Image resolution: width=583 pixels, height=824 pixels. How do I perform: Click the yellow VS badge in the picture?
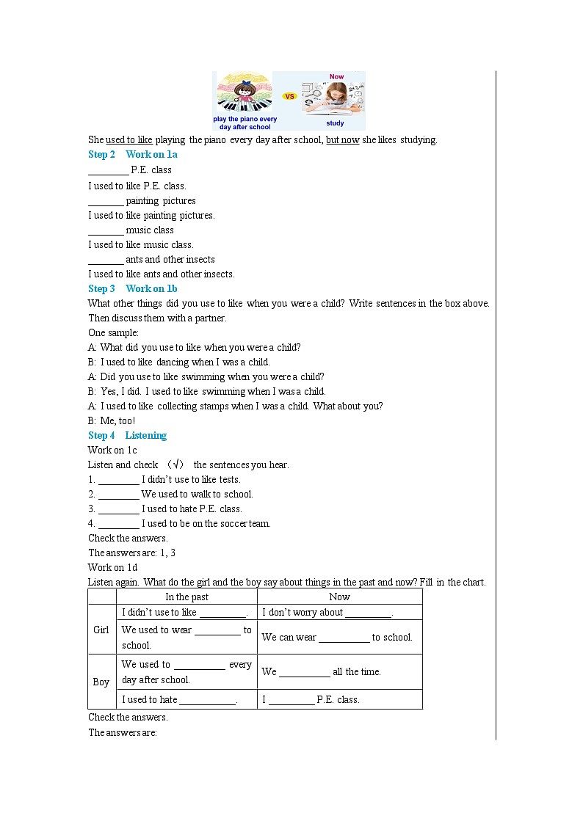tap(289, 96)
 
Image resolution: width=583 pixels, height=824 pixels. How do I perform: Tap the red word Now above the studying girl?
tap(336, 77)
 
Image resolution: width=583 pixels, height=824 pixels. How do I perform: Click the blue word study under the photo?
tap(335, 123)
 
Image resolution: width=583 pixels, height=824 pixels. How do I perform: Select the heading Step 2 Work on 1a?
tap(132, 154)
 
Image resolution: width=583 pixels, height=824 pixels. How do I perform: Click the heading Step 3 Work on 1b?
tap(132, 288)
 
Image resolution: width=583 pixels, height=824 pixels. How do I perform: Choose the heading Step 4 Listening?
tap(127, 435)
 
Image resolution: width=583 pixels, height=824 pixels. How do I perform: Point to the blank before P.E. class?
tap(108, 170)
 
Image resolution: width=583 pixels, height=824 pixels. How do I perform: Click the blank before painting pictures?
tap(106, 201)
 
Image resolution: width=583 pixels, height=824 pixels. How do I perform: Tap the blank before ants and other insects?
tap(106, 260)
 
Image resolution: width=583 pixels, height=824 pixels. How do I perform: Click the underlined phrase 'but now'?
tap(342, 139)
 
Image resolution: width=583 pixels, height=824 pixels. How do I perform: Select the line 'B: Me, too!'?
tap(112, 421)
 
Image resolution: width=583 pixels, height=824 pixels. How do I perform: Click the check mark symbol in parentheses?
tap(176, 464)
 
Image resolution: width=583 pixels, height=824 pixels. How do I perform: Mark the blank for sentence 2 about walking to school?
tap(118, 495)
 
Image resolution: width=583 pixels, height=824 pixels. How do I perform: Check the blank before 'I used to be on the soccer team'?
tap(118, 524)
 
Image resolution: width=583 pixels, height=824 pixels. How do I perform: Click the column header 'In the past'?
tap(187, 597)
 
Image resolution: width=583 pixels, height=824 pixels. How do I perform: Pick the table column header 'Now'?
tap(339, 597)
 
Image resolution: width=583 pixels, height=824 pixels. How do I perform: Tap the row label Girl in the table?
tap(101, 630)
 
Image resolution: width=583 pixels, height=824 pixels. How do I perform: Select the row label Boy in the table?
tap(101, 682)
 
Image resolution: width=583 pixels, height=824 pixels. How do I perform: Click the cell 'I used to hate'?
tap(179, 699)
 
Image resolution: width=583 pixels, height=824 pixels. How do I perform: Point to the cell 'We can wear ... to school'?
tap(337, 637)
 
